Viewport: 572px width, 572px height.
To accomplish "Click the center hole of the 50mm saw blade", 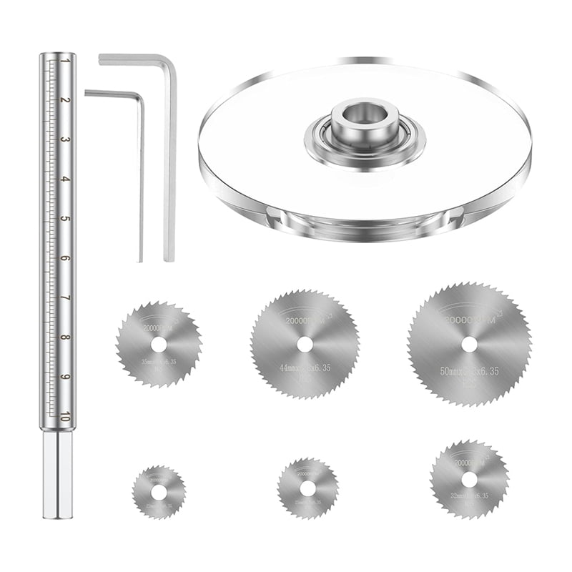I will pyautogui.click(x=469, y=344).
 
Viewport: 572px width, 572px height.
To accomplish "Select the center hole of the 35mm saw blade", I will pyautogui.click(x=159, y=345).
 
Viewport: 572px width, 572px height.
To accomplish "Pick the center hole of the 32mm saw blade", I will pyautogui.click(x=469, y=478).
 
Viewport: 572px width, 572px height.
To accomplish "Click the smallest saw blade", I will pyautogui.click(x=159, y=492).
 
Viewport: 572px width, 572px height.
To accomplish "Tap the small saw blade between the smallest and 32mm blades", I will pyautogui.click(x=307, y=488).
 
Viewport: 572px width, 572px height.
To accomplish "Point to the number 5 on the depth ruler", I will pyautogui.click(x=66, y=219).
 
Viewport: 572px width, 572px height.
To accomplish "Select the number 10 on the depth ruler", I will pyautogui.click(x=66, y=418).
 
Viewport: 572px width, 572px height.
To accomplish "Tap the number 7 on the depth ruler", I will pyautogui.click(x=66, y=298).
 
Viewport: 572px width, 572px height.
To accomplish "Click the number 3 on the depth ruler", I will pyautogui.click(x=66, y=139).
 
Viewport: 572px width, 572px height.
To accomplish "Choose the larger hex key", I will pyautogui.click(x=169, y=157).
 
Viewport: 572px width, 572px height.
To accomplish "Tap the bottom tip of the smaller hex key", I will pyautogui.click(x=141, y=259).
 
